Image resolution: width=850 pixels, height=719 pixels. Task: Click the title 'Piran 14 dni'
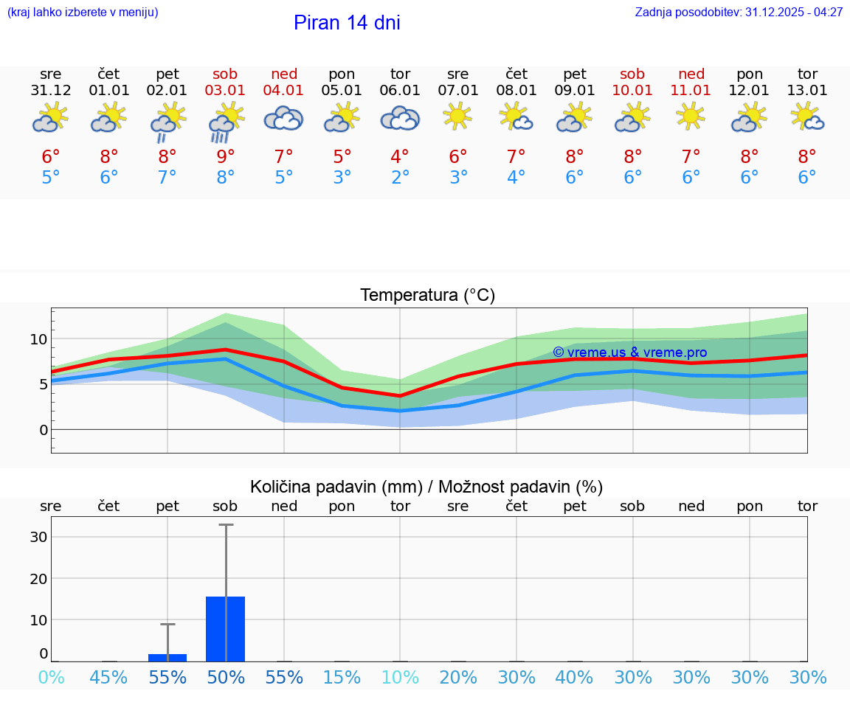pyautogui.click(x=347, y=23)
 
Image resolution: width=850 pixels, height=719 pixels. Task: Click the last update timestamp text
pyautogui.click(x=739, y=13)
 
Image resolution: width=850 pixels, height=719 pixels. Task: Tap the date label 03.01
pyautogui.click(x=226, y=91)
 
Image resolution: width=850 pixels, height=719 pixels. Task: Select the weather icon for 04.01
pyautogui.click(x=284, y=118)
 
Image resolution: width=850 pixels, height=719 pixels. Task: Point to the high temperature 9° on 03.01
pyautogui.click(x=226, y=157)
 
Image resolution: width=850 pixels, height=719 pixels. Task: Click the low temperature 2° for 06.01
pyautogui.click(x=400, y=178)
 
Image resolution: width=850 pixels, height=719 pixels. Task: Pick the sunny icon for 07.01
pyautogui.click(x=457, y=116)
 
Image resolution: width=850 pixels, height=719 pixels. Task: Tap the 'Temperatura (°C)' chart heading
pyautogui.click(x=427, y=296)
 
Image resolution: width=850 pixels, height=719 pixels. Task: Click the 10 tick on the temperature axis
pyautogui.click(x=38, y=339)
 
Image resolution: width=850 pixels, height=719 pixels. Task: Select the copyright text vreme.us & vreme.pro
pyautogui.click(x=629, y=352)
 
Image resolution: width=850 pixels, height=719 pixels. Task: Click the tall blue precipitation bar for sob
pyautogui.click(x=226, y=628)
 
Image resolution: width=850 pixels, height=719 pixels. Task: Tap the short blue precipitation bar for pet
pyautogui.click(x=167, y=657)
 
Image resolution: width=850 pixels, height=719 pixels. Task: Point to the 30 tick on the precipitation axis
pyautogui.click(x=38, y=537)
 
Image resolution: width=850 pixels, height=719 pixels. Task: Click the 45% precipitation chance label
pyautogui.click(x=109, y=678)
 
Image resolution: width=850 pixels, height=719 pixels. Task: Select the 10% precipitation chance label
pyautogui.click(x=400, y=678)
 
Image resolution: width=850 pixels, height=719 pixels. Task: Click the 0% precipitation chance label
pyautogui.click(x=51, y=678)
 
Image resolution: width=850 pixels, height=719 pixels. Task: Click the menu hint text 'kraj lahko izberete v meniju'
pyautogui.click(x=83, y=13)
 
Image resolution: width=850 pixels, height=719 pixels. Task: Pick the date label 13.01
pyautogui.click(x=807, y=91)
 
